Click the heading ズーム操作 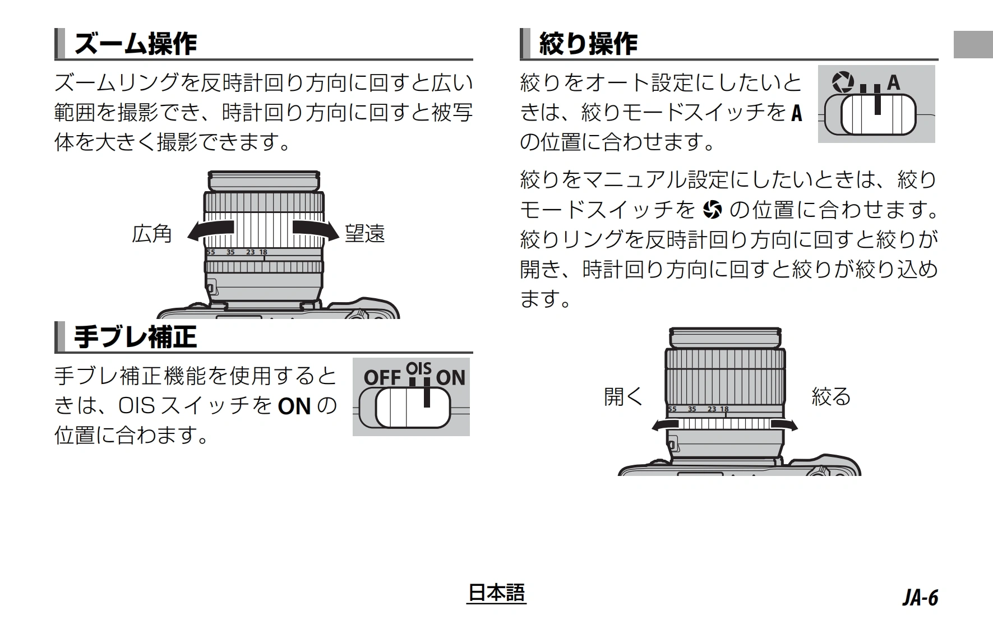136,44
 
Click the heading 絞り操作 588,44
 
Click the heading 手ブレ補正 136,337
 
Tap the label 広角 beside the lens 152,234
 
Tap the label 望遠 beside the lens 365,234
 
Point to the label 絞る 832,396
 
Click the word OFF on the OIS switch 382,378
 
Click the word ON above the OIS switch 451,378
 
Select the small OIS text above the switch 419,368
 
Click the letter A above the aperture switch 893,83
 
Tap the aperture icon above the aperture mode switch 842,82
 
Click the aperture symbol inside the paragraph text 712,210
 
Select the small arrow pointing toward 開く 666,424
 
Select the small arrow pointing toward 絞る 783,424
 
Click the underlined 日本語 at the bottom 496,593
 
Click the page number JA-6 920,598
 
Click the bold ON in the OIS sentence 294,406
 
